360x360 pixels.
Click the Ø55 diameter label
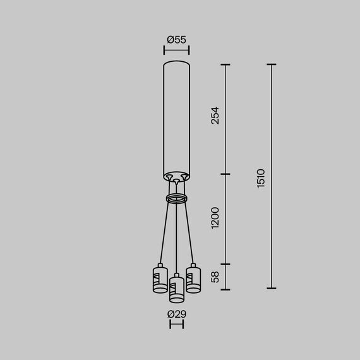click(176, 40)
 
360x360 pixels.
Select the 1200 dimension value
click(215, 218)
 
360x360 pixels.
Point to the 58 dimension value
click(215, 276)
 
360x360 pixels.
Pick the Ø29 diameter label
click(176, 314)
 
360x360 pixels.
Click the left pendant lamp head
click(159, 280)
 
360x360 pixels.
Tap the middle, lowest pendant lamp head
click(176, 287)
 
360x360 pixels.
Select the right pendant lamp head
click(193, 279)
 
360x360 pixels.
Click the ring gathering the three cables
click(176, 199)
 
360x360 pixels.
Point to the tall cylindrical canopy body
click(176, 117)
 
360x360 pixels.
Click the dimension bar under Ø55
click(176, 49)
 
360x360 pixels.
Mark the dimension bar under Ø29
click(176, 325)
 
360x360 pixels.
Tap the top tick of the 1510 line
click(272, 64)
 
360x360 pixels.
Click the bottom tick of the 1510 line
click(272, 287)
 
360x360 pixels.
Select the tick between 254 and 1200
click(227, 174)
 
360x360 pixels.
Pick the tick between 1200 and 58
click(227, 265)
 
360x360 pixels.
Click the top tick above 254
click(227, 64)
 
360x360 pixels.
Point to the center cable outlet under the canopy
click(176, 182)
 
